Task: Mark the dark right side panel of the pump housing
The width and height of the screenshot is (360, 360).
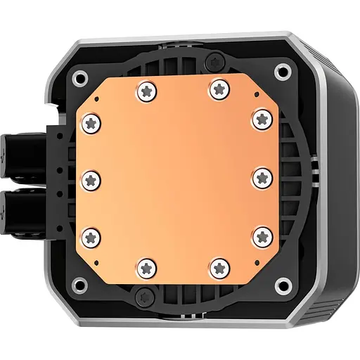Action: [x=333, y=176]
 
